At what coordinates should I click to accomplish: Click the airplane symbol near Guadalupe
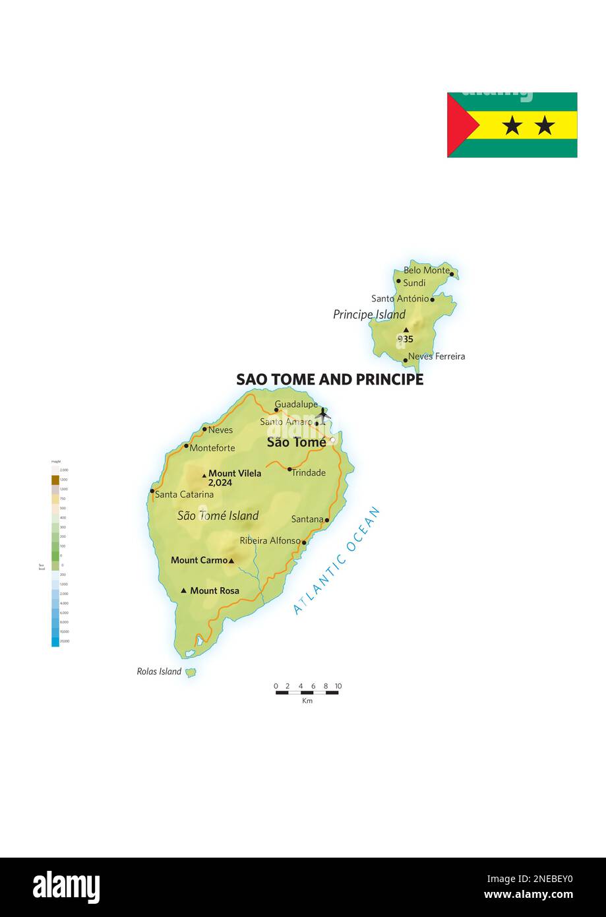pos(322,414)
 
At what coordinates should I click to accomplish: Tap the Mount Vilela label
pos(234,474)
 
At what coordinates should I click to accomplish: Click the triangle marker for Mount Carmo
pos(231,561)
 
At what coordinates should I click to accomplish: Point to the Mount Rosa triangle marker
pos(184,590)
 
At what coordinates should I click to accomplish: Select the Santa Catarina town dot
pos(152,491)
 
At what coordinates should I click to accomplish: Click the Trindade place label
pos(309,473)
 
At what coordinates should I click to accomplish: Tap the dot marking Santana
pos(327,520)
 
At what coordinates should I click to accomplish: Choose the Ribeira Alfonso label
pos(270,541)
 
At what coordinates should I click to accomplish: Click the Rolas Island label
pos(159,672)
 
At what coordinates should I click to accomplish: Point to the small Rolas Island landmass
pos(191,672)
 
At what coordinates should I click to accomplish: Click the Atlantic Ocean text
pos(337,560)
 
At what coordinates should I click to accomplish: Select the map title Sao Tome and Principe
pos(330,380)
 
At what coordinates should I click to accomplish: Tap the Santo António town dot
pos(433,300)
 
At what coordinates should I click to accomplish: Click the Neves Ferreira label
pos(437,356)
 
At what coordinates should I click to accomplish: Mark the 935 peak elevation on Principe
pos(405,339)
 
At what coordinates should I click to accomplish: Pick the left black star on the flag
pos(512,125)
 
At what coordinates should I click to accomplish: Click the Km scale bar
pos(307,692)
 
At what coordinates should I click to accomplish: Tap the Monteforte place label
pos(212,448)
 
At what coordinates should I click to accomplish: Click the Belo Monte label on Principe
pos(426,270)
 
